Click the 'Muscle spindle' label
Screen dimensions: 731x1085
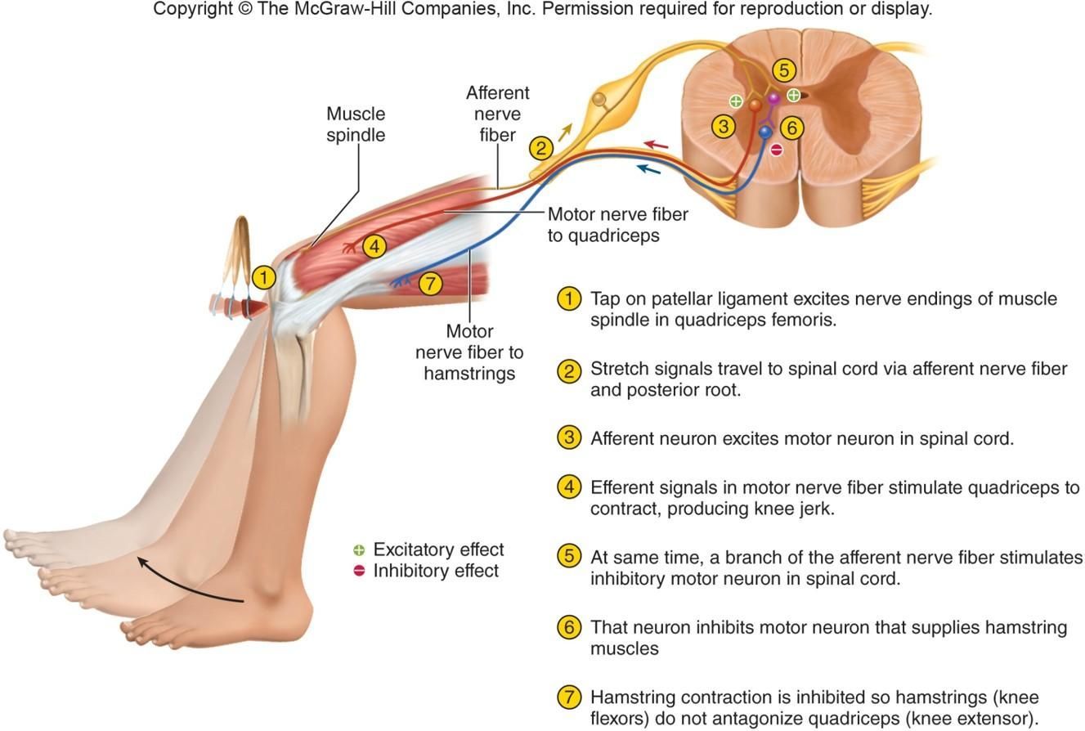coord(356,124)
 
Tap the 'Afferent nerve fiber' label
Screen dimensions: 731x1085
coord(497,114)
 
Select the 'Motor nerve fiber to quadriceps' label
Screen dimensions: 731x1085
coord(617,224)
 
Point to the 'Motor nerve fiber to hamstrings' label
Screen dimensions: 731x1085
coord(469,352)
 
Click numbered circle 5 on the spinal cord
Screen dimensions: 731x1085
coord(783,70)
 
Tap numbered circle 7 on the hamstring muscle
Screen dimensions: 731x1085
coord(430,284)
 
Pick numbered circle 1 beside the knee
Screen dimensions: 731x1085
coord(263,277)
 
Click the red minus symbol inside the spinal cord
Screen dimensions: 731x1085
coord(776,150)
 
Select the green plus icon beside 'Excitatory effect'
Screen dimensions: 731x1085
coord(358,550)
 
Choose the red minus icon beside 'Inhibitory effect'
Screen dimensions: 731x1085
coord(358,571)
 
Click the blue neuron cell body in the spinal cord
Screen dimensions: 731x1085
coord(765,131)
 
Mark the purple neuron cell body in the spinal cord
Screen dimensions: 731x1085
coord(773,99)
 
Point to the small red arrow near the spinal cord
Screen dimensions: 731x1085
coord(656,146)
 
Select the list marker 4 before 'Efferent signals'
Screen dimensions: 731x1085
coord(569,487)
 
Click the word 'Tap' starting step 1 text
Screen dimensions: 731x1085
coord(604,298)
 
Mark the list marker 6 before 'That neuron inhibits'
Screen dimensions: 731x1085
coord(569,627)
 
